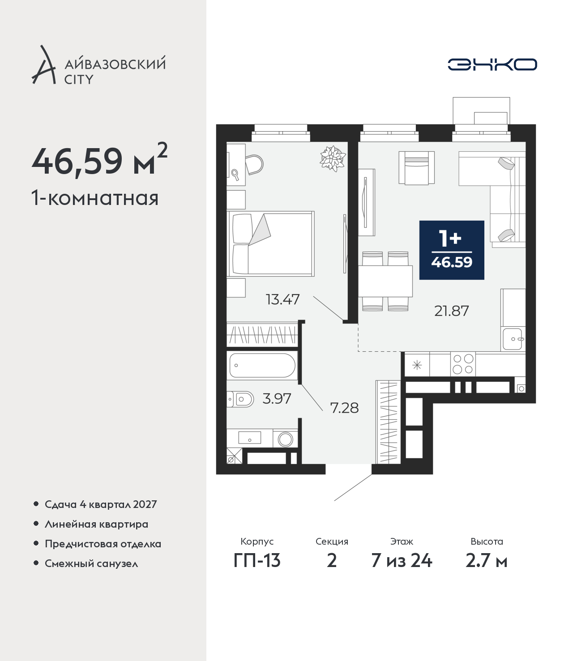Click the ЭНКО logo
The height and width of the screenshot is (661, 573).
pos(492,64)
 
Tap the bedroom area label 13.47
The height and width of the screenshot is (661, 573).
pos(283,300)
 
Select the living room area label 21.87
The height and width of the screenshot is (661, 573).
pos(451,311)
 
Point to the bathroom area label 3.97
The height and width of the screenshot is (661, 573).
pos(277,399)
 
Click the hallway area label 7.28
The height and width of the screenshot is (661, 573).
pos(344,408)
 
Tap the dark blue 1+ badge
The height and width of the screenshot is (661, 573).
pos(451,250)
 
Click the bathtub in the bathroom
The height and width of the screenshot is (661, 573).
pos(262,366)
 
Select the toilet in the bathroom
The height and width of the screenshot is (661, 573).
pos(240,399)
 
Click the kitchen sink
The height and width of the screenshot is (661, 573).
pos(513,339)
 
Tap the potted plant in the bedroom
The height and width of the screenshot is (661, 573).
pos(333,158)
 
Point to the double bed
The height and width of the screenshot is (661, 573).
pos(271,243)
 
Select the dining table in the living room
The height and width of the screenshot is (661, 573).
pos(385,281)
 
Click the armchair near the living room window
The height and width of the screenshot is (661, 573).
pos(417,168)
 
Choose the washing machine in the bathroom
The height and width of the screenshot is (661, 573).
pos(285,439)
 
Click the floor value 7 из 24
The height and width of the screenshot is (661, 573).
pos(402,561)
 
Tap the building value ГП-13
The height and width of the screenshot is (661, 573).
pos(257,561)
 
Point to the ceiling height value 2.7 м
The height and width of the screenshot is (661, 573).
pos(486,561)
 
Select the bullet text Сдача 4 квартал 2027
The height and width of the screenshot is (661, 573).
pos(101,504)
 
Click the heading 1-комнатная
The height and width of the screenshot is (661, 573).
pos(95,198)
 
